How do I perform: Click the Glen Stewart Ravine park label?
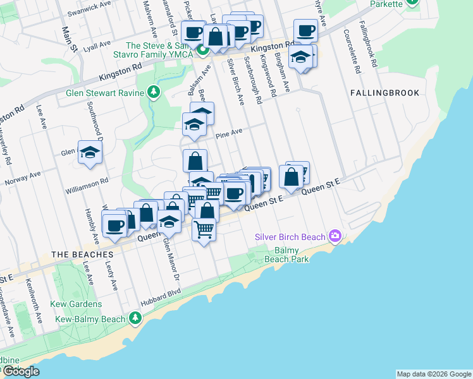(105, 92)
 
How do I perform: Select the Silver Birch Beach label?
(290, 237)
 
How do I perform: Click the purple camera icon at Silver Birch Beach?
(335, 237)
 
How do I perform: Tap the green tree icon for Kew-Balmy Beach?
(135, 318)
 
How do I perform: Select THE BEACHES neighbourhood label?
(78, 254)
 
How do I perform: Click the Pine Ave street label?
(229, 133)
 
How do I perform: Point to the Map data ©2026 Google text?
(434, 374)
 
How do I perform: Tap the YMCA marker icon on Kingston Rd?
(203, 50)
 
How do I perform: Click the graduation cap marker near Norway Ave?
(90, 152)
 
